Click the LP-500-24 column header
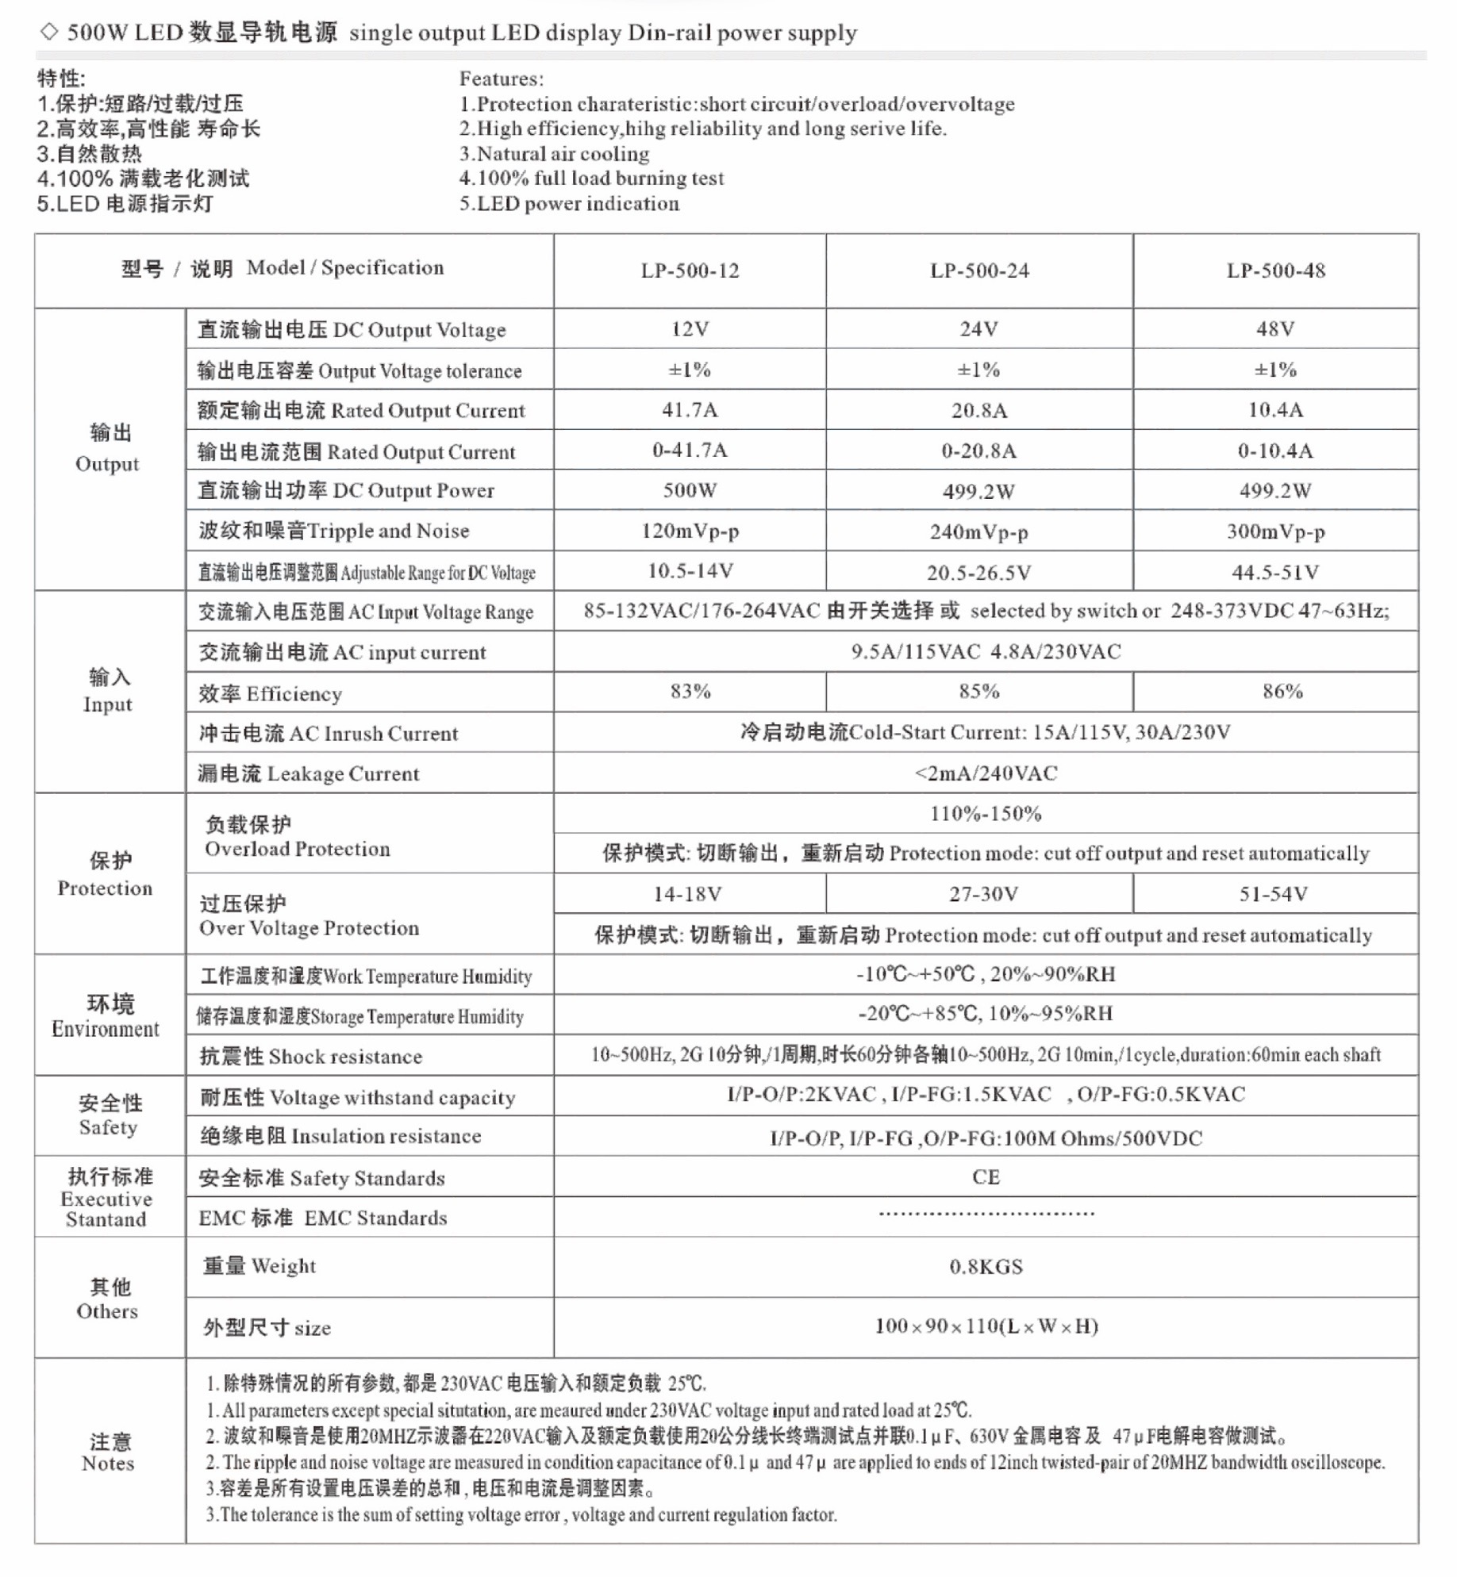[x=979, y=271]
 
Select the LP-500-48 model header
[x=1275, y=271]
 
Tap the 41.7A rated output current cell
[x=690, y=410]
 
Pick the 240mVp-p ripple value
[x=979, y=531]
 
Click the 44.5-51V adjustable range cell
[x=1275, y=572]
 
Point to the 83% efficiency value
[x=690, y=692]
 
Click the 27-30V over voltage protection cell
[x=983, y=895]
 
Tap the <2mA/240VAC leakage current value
[x=986, y=773]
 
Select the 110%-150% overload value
[x=986, y=814]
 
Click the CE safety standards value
[x=986, y=1177]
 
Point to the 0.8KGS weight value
[x=986, y=1267]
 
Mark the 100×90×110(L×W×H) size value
[x=986, y=1326]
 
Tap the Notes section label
[x=109, y=1452]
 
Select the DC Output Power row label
[x=346, y=491]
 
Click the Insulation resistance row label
[x=340, y=1137]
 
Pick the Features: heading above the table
[x=502, y=79]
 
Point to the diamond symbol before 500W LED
[x=49, y=32]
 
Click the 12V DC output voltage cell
[x=690, y=329]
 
